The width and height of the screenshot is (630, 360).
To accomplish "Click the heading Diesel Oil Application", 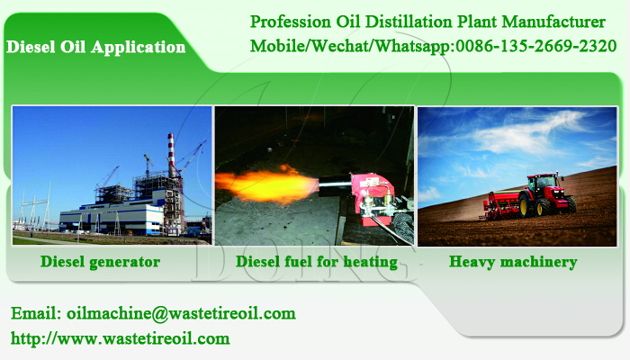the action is point(96,47).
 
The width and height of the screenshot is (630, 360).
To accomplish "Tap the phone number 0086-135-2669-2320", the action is point(536,46).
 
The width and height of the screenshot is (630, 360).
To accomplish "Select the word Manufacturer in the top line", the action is point(553,22).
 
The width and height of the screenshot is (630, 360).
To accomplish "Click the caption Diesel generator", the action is point(101,262).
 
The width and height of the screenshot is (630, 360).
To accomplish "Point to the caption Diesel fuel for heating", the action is point(317,262).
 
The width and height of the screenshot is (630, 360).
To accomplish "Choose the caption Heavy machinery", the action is point(513,262).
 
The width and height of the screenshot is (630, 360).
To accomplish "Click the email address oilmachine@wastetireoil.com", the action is point(181,313).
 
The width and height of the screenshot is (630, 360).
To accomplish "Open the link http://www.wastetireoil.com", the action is point(120,338).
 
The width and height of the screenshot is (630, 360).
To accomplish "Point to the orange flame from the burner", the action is point(267,184).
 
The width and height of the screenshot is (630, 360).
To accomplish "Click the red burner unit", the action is point(373,197).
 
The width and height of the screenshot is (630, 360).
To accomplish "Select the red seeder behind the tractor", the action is point(500,206).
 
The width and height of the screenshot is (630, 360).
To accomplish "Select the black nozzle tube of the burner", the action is point(336,184).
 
